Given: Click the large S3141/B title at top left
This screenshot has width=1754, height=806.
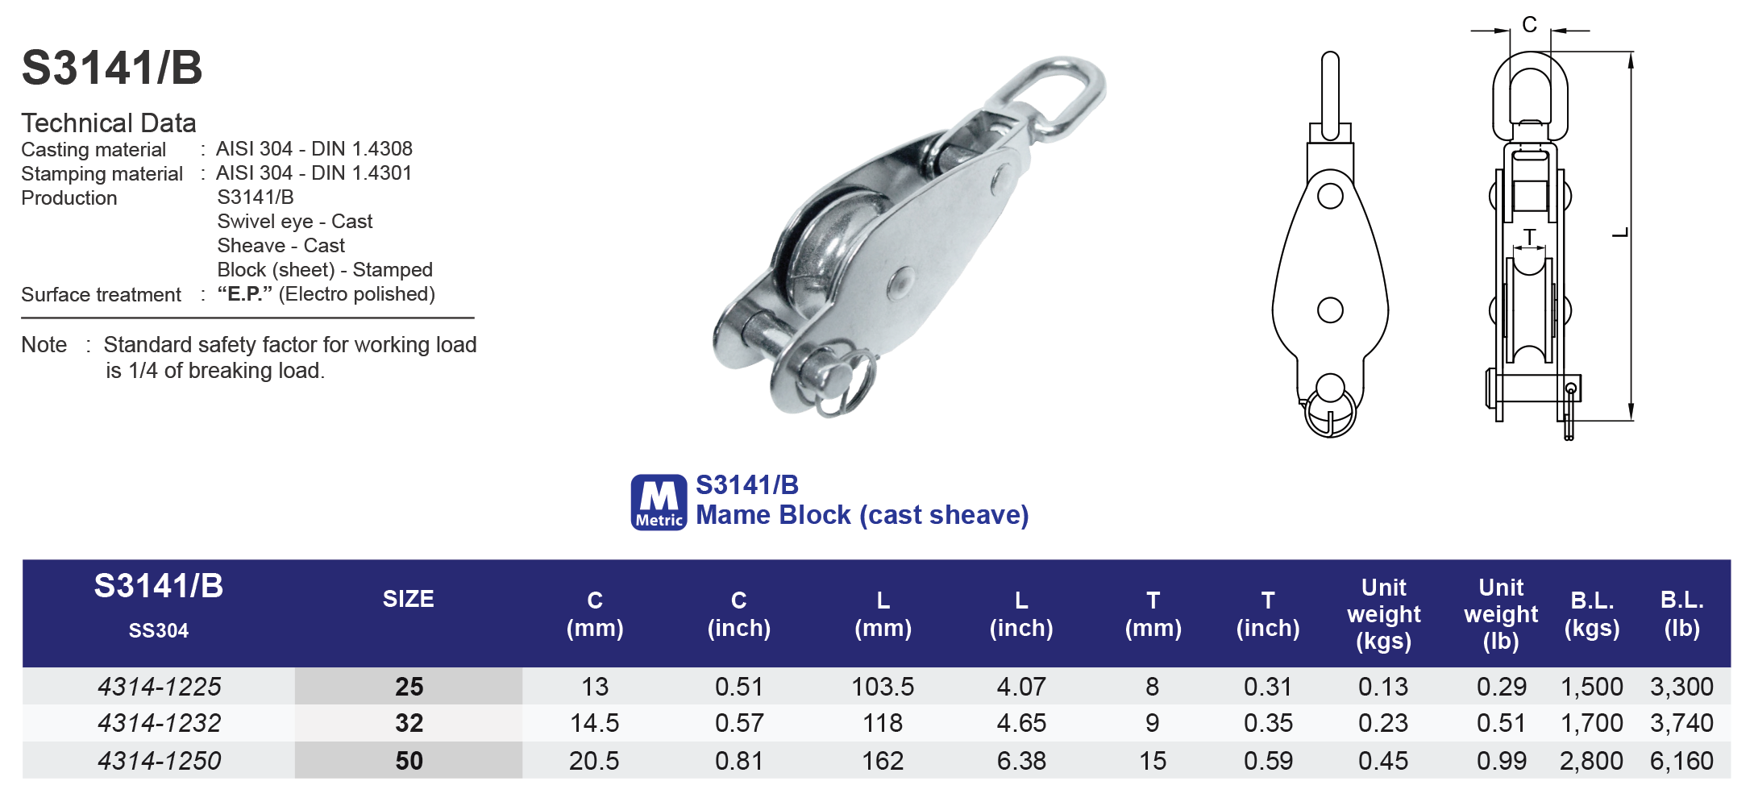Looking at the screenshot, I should tap(112, 68).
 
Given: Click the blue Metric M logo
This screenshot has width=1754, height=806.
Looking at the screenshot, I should tap(659, 502).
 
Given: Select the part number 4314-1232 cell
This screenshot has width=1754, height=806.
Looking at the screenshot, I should tap(159, 723).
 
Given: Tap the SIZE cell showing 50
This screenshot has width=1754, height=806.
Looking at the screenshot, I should tap(409, 761).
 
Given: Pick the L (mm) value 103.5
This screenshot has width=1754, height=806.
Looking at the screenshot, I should tap(883, 687).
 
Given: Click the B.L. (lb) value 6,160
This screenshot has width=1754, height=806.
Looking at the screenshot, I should tap(1681, 761).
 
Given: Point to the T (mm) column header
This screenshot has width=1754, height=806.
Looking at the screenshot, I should tap(1153, 614).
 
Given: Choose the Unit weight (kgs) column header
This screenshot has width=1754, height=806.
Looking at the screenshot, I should tap(1383, 614).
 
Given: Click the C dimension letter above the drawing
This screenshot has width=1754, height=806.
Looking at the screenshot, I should tap(1529, 25).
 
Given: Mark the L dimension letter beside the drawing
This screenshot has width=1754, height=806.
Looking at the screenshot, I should tap(1621, 233).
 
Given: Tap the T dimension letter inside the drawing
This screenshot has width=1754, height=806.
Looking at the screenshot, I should tap(1529, 237).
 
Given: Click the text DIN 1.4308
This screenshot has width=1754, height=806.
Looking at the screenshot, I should tap(362, 149).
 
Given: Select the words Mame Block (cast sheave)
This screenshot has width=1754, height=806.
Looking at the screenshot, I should tap(862, 515).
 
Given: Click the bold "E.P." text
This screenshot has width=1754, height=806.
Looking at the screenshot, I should tap(245, 294).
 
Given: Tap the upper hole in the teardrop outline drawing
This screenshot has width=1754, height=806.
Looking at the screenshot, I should tap(1330, 196).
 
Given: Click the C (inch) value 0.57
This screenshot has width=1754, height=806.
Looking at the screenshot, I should tap(738, 723).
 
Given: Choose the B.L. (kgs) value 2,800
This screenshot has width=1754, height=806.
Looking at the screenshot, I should tap(1591, 761).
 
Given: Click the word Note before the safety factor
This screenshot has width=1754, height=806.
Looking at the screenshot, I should tap(44, 345).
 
